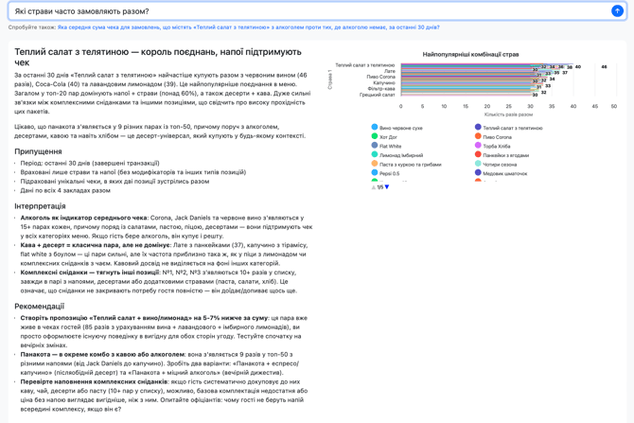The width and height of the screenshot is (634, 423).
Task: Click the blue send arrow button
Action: tap(617, 11)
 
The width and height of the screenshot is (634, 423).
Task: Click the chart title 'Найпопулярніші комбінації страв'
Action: tap(470, 55)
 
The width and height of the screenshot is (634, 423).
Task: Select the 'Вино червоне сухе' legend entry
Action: tap(400, 128)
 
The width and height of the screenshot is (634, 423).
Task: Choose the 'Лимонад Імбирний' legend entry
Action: tap(401, 155)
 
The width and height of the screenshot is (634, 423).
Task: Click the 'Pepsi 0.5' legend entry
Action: tap(389, 174)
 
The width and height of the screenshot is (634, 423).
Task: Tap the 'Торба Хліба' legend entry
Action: tap(498, 147)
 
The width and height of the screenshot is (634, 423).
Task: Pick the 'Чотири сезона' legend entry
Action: tap(501, 165)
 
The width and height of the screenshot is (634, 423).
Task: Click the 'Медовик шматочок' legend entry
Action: tap(505, 174)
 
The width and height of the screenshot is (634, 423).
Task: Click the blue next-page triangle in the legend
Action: tap(387, 186)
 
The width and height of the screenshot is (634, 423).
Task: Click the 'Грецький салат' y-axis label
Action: tap(377, 95)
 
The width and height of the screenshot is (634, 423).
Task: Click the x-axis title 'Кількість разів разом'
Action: tap(508, 115)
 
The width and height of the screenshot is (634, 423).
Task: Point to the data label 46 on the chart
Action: tap(604, 67)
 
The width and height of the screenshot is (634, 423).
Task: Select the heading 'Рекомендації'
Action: tap(39, 307)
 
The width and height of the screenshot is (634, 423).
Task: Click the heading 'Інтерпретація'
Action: tap(40, 206)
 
